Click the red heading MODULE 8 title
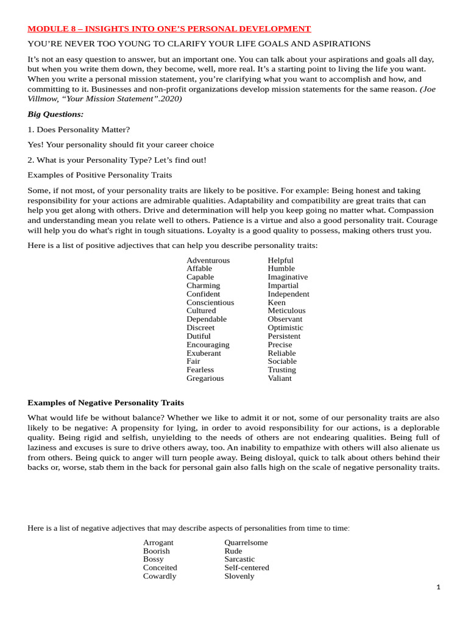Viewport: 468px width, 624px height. [169, 29]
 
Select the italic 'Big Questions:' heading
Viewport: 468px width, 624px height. [55, 114]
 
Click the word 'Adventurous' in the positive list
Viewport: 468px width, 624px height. [208, 260]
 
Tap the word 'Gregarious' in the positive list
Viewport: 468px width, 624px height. [205, 378]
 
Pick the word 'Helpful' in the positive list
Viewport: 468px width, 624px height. [280, 260]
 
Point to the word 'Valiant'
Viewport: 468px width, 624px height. [279, 378]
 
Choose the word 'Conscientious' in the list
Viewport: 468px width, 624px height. [210, 302]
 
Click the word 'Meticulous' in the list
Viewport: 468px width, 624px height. [286, 311]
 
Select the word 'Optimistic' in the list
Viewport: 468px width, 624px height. [285, 328]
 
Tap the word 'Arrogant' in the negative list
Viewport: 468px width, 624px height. [158, 542]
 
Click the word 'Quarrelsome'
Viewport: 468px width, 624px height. [246, 542]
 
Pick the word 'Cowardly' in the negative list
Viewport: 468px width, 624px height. [159, 576]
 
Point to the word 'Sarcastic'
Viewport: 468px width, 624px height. [239, 559]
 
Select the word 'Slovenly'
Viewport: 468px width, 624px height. [239, 576]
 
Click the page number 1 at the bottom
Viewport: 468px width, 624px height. [438, 587]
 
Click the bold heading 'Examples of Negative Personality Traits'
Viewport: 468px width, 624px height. [105, 403]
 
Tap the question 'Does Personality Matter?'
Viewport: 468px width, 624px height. [83, 129]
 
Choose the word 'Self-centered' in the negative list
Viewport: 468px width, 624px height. [246, 567]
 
